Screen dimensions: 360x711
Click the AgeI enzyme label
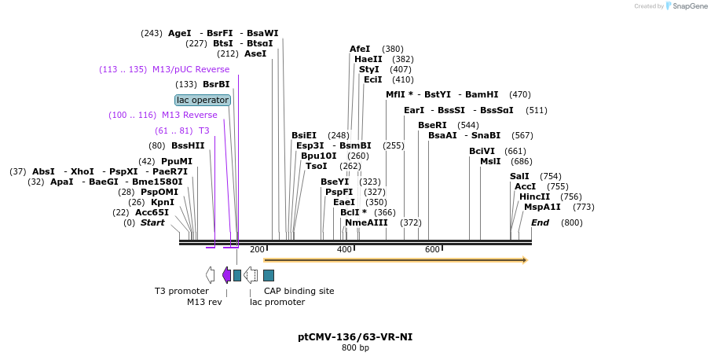tap(180, 33)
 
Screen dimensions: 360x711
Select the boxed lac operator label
tap(203, 100)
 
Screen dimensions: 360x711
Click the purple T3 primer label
tap(203, 130)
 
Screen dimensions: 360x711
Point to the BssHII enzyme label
tap(188, 145)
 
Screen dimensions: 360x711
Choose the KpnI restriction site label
tap(163, 202)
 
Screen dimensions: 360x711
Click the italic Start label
tap(152, 222)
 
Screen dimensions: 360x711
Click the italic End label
tap(540, 222)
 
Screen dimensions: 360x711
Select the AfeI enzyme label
tap(360, 49)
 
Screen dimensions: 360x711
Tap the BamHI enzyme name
tap(482, 94)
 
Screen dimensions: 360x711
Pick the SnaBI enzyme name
tap(486, 135)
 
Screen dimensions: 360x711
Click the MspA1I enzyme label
tap(542, 207)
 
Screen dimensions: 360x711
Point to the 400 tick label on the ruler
tap(344, 249)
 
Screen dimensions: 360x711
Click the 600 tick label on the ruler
tap(432, 249)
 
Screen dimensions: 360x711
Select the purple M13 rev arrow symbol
tap(226, 274)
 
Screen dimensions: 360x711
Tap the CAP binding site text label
tap(299, 291)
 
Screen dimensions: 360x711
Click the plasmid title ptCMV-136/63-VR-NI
tap(355, 336)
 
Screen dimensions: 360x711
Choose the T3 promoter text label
tap(181, 291)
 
